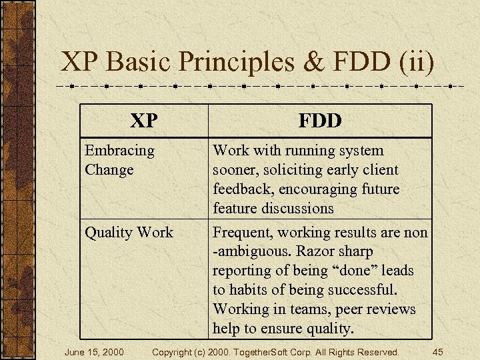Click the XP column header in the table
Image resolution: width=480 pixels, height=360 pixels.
click(x=144, y=121)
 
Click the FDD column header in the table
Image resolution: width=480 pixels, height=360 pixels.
click(x=320, y=121)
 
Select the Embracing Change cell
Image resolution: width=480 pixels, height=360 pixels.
click(x=119, y=160)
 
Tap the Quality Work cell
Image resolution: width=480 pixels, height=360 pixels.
click(x=129, y=233)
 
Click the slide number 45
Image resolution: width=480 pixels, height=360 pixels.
click(x=438, y=351)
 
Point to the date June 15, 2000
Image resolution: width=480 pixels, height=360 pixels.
click(x=94, y=351)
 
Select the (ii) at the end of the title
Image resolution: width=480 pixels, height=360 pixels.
click(x=417, y=62)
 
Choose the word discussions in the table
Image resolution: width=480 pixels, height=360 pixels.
click(x=298, y=209)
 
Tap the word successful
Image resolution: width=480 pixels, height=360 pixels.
click(x=363, y=291)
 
